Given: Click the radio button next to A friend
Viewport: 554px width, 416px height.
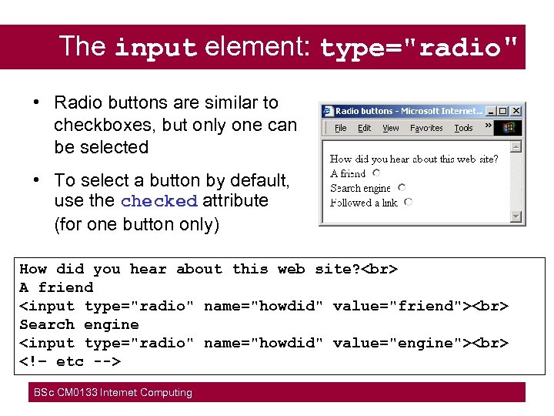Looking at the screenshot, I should click(376, 173).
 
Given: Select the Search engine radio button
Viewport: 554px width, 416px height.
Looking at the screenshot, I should click(402, 187).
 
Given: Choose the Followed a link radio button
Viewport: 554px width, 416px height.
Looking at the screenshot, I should click(408, 202).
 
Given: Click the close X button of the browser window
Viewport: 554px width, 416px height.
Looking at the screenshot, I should click(516, 111).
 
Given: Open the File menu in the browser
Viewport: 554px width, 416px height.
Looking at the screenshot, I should click(341, 128).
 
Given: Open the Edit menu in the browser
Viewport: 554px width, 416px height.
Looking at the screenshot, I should click(365, 128).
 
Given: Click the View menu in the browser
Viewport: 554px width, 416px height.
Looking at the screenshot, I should click(391, 128).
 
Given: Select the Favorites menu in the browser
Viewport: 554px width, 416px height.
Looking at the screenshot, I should click(426, 128).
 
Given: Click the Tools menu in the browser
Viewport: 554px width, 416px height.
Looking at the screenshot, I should click(463, 128).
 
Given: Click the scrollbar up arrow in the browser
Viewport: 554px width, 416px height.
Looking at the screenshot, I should click(516, 146).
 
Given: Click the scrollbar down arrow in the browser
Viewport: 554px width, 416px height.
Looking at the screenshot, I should click(516, 217).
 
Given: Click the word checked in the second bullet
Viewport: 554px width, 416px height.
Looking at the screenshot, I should click(159, 201).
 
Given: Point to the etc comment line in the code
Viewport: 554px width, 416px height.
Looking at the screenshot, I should click(70, 361).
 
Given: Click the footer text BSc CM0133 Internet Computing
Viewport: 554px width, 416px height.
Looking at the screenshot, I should click(112, 393).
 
